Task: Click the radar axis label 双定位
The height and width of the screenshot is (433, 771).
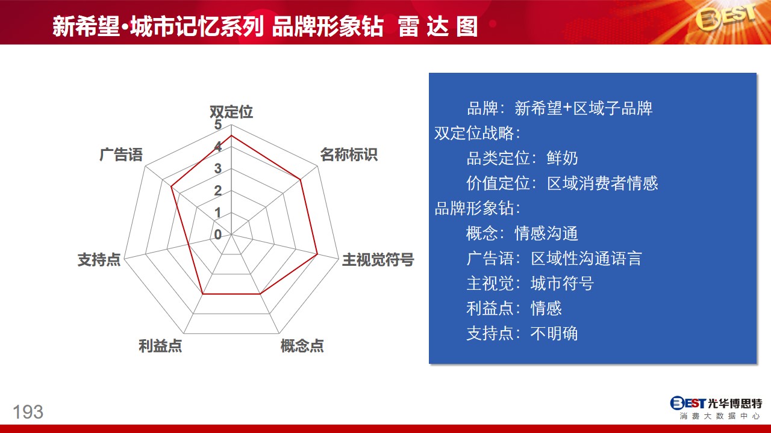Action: click(x=231, y=112)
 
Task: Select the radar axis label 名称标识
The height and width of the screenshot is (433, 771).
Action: click(x=349, y=155)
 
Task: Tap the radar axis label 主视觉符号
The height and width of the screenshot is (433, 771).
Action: click(x=378, y=259)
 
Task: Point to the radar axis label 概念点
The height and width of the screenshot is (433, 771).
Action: click(x=302, y=346)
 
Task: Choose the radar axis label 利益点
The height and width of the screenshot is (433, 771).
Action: click(x=160, y=346)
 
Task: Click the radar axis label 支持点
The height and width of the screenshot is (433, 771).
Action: click(x=99, y=259)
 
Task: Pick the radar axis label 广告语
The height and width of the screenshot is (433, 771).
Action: click(x=121, y=155)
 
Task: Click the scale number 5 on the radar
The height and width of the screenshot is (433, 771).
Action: click(x=218, y=124)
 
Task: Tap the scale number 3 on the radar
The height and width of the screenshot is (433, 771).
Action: click(x=218, y=168)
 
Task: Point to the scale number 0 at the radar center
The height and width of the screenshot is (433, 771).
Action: click(x=218, y=235)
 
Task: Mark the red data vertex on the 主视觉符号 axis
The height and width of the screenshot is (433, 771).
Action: click(x=317, y=254)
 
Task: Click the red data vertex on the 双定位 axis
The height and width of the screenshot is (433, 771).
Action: click(x=231, y=136)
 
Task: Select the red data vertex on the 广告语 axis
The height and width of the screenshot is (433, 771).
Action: click(x=171, y=186)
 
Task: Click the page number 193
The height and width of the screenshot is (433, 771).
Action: click(x=28, y=412)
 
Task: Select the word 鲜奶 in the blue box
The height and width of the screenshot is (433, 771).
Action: click(x=562, y=158)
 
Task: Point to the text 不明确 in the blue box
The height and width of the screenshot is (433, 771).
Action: click(x=554, y=333)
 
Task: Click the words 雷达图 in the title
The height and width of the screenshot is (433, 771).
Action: click(x=438, y=26)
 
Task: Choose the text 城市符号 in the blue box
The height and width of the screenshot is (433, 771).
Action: click(x=562, y=283)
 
